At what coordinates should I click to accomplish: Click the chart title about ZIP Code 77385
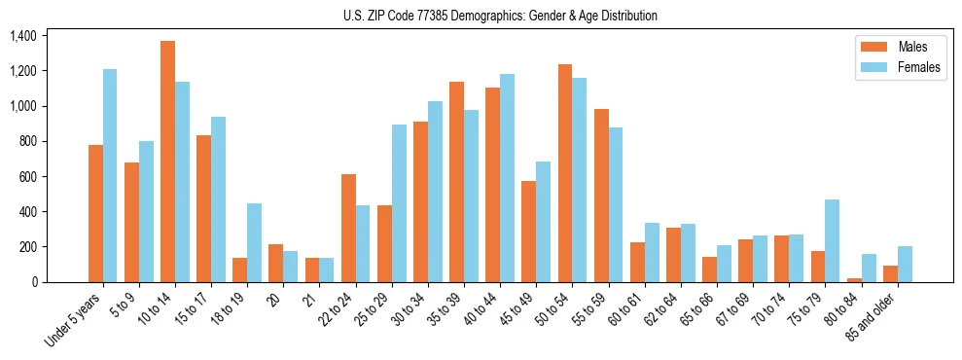coord(500,16)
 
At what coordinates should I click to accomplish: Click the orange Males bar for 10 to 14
coord(167,162)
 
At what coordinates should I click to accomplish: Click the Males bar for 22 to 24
coord(348,228)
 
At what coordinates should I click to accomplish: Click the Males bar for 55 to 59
coord(601,196)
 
